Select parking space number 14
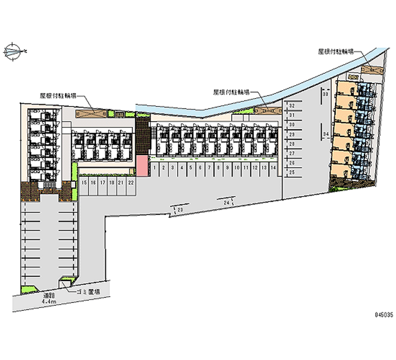tap(273, 168)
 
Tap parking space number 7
tap(209, 168)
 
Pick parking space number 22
tap(130, 182)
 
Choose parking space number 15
tap(84, 182)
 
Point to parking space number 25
tap(292, 172)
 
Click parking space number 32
tap(292, 106)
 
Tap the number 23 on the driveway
tap(180, 210)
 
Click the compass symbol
tap(14, 50)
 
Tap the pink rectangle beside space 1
tap(142, 165)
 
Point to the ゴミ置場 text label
tap(89, 292)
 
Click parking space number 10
tap(237, 168)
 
